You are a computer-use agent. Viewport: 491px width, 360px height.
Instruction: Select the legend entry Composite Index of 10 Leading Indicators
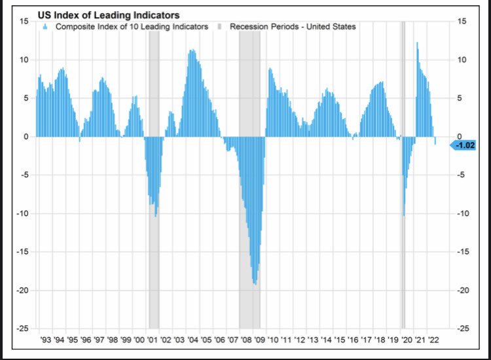[132, 27]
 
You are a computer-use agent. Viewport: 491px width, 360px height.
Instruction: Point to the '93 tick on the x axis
[45, 340]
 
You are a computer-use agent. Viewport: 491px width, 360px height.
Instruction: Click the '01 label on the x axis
[153, 340]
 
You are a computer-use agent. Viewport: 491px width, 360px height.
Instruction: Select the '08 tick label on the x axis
[246, 340]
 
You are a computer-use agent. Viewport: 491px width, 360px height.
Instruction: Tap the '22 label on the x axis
[433, 340]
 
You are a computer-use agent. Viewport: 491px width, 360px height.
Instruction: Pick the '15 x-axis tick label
[340, 340]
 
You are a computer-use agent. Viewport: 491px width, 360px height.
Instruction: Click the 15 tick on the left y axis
[23, 22]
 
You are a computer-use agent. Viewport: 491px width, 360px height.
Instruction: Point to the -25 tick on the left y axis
[21, 329]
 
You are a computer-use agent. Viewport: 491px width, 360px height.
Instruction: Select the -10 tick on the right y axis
[464, 213]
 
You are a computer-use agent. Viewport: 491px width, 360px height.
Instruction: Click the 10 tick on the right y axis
[462, 60]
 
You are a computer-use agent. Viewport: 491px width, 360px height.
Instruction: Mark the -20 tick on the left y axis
[21, 290]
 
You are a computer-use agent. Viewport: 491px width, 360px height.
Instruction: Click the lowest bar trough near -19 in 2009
[255, 283]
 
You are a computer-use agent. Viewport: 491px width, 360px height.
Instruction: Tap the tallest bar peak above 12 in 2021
[417, 44]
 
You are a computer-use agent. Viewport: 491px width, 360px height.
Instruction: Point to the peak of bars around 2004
[192, 51]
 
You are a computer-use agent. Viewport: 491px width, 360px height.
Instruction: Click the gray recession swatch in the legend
[221, 27]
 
